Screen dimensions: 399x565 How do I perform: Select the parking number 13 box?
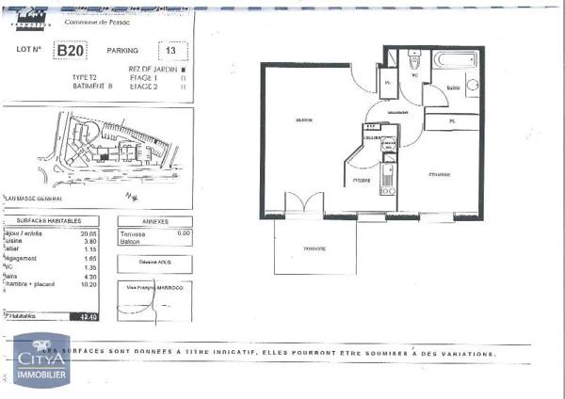coord(170,50)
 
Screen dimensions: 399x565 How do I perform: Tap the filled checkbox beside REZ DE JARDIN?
coord(183,69)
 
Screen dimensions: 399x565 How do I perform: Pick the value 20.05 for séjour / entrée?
coord(89,232)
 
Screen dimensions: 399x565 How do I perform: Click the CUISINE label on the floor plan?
coord(362,179)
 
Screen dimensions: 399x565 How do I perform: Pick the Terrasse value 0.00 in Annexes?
coord(184,232)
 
